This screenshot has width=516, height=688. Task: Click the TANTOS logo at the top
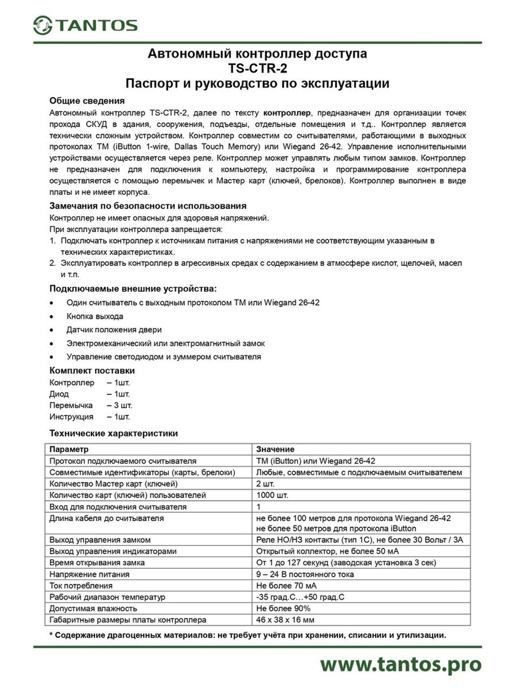pos(86,25)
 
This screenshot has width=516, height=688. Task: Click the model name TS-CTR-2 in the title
pos(257,68)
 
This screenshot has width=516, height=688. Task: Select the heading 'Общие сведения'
pos(87,101)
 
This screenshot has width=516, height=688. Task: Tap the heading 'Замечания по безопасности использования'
pos(148,205)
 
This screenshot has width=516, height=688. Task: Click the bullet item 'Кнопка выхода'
pos(94,316)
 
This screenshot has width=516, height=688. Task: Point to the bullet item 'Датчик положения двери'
pos(114,330)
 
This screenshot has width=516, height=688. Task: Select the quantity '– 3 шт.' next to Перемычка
pos(120,405)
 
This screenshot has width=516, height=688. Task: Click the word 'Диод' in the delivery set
pos(59,394)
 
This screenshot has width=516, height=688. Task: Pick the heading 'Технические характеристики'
pos(114,433)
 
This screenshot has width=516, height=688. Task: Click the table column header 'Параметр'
pos(69,449)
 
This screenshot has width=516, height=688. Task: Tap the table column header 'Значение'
pos(275,449)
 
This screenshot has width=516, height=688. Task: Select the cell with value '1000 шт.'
pos(272,495)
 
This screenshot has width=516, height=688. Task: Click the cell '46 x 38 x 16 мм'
pos(285,620)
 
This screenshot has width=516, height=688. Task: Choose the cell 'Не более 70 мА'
pos(286,585)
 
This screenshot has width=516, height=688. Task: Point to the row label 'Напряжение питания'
pos(89,574)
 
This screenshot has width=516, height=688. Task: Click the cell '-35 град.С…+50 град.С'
pos(300,597)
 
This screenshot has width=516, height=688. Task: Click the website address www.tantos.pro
pos(400,664)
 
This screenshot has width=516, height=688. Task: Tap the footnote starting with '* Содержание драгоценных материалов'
pos(248,635)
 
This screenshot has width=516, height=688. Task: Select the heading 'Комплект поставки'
pos(92,371)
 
